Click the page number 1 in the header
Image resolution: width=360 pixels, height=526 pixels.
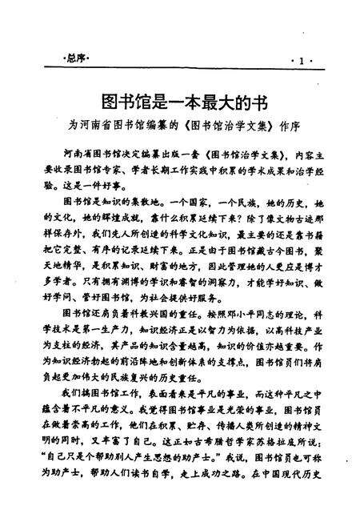[x=302, y=61]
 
